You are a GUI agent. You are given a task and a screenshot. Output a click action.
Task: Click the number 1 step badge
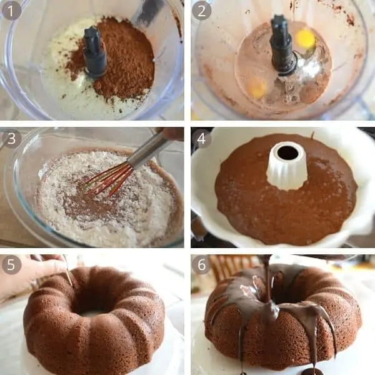[11, 11]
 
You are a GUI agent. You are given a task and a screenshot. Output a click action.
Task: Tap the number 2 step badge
[201, 11]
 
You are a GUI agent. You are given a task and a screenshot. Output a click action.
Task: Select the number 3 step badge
[11, 138]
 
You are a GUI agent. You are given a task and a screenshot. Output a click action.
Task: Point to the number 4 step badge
[201, 138]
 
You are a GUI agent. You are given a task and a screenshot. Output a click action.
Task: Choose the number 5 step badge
[11, 265]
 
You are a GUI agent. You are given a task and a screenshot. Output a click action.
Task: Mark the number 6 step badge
[201, 265]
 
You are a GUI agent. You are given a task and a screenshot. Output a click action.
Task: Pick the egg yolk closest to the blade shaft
[305, 39]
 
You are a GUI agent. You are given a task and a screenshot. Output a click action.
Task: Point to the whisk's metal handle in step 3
[147, 150]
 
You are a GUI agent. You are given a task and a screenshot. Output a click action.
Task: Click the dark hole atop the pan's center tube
[287, 152]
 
